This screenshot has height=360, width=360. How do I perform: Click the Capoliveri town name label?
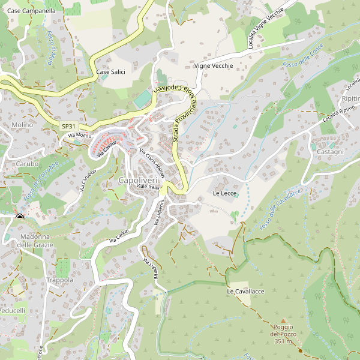pos(137,181)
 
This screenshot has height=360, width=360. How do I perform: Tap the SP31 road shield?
pos(68,126)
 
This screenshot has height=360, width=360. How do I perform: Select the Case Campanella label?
pos(32,11)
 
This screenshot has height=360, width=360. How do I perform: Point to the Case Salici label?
pos(110,72)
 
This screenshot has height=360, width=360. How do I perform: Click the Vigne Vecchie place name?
pos(214,65)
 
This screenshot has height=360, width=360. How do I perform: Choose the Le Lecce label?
pos(225,194)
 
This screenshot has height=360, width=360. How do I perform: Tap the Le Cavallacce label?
pos(245,291)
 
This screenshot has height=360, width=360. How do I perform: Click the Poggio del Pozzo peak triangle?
pos(283,322)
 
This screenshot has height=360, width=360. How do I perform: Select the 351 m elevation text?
pos(283,341)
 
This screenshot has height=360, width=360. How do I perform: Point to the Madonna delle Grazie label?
pos(35,241)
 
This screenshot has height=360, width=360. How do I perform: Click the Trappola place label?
pos(60,280)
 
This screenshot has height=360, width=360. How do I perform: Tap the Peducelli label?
pos(13,311)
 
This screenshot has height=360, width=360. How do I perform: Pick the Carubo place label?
pos(27,163)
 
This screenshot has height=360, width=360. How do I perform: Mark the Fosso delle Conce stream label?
pos(303,55)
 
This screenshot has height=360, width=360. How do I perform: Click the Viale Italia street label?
pos(147,187)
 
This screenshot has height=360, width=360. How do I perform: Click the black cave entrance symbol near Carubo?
pos(20,217)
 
